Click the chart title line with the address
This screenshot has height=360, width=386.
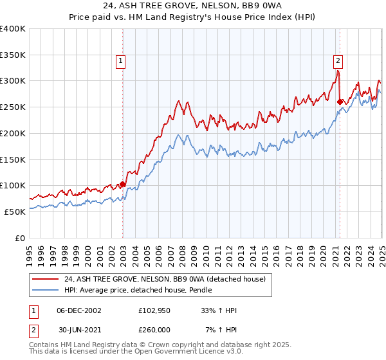point(193,8)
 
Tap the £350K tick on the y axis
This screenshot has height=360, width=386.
point(13,55)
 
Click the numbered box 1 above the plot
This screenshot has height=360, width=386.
point(121,62)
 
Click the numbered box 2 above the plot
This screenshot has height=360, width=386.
point(338,62)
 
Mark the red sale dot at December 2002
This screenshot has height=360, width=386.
point(122,184)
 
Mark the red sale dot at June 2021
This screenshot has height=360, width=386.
point(340,101)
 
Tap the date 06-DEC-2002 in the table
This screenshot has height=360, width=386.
point(79,310)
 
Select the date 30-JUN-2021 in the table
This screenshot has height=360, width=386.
point(79,329)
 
